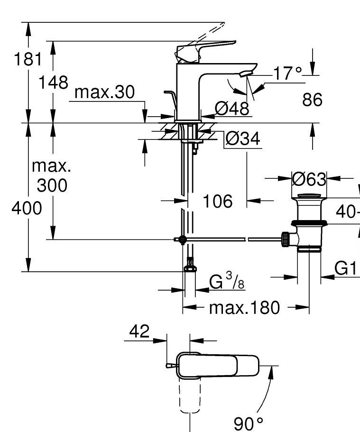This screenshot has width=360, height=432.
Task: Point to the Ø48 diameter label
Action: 231,109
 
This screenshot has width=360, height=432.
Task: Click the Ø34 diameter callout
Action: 242,139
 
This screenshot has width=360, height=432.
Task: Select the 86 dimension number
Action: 312,100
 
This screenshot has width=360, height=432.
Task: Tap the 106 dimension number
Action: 218,201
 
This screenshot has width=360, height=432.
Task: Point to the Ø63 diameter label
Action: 309,179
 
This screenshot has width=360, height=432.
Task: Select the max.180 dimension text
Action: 245,308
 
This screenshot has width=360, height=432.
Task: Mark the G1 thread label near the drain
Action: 345,268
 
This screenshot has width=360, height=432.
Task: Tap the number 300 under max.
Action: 52,185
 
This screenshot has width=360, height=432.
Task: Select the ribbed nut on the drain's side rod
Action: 286,239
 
